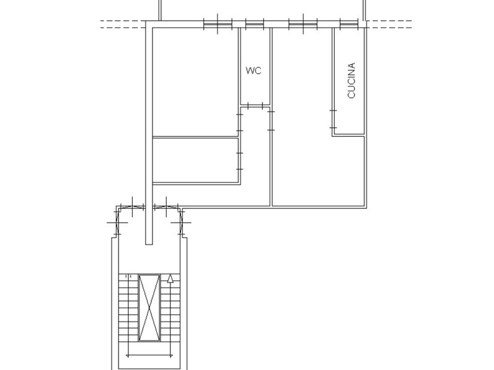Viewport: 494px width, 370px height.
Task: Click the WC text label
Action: pos(253,70)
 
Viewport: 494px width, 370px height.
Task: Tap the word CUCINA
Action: pos(351,81)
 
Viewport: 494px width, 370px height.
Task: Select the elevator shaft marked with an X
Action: pos(149,308)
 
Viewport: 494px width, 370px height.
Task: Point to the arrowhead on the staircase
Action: pos(170,279)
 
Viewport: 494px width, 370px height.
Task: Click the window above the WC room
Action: pos(254,24)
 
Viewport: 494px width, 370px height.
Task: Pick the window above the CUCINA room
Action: pos(349,24)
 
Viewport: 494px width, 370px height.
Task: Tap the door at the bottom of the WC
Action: pos(255,105)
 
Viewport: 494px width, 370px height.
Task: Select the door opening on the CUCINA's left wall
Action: pos(333,119)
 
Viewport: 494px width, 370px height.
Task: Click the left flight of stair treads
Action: pos(128,308)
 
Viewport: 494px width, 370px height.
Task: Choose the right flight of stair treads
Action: pos(170,308)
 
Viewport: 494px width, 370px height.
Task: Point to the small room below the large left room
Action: pos(195,160)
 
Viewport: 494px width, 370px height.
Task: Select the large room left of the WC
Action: pos(195,82)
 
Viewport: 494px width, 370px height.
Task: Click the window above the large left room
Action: pos(218,24)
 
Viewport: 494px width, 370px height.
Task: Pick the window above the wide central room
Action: pos(303,24)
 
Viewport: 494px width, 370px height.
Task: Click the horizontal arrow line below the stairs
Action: pos(149,356)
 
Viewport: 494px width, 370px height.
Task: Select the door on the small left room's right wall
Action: pos(240,161)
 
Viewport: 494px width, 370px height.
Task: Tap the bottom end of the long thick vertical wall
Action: pos(149,244)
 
